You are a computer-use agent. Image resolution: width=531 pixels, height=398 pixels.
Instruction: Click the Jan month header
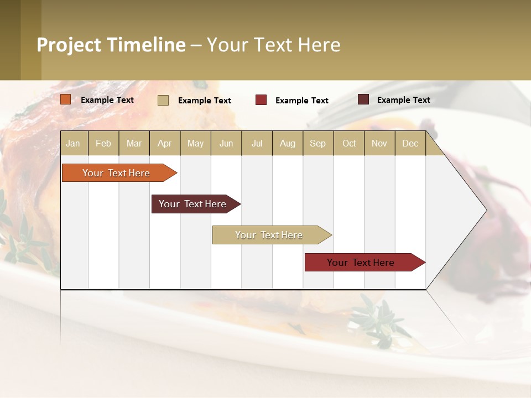(x=73, y=144)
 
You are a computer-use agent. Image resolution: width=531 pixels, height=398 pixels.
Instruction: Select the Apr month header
(x=164, y=144)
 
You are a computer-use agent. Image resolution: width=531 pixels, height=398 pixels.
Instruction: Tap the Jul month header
(x=257, y=144)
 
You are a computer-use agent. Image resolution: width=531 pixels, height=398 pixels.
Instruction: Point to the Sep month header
(x=317, y=144)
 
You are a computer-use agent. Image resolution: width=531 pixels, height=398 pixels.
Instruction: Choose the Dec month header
(x=410, y=144)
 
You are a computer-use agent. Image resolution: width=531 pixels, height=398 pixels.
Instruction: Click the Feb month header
(x=103, y=144)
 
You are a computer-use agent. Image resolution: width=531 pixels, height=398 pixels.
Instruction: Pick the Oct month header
(x=349, y=144)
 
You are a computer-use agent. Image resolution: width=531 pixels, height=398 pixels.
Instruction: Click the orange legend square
(x=66, y=99)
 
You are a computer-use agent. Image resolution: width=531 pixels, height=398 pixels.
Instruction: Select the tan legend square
(x=163, y=100)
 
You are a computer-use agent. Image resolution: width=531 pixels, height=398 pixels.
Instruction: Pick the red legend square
(x=261, y=100)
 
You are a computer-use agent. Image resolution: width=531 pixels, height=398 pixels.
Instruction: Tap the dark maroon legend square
(x=363, y=99)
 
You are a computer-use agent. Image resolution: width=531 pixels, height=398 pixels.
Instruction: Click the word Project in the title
(x=69, y=45)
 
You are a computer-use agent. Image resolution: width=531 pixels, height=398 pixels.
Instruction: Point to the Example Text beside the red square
(x=301, y=101)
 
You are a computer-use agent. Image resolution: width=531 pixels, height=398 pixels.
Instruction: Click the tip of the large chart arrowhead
(x=486, y=210)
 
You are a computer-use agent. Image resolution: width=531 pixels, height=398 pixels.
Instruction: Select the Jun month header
(x=226, y=144)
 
